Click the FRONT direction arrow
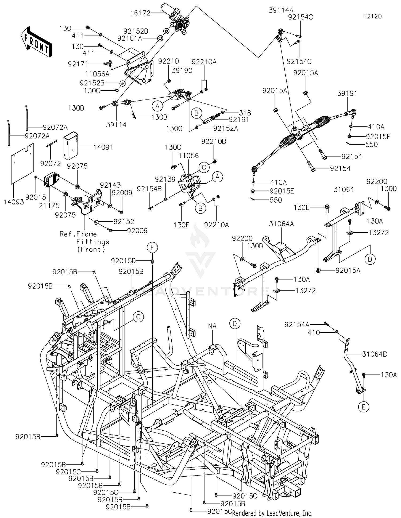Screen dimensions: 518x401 coord(36,42)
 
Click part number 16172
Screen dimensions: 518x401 coord(140,13)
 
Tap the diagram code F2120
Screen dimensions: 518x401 coord(372,16)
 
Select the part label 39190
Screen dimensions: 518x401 coord(182,71)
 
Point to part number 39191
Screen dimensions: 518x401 coord(347,94)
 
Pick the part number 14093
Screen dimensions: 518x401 coord(14,202)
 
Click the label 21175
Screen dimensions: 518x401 coord(49,206)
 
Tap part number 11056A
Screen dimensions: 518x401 coord(97,74)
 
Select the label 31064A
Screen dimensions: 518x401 coord(281,224)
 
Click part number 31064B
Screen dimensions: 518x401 coord(374,354)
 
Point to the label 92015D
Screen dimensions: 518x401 coord(124,261)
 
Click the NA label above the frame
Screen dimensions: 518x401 coord(212,326)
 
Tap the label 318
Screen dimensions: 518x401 coord(245,113)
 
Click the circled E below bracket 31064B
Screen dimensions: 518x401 coord(363,407)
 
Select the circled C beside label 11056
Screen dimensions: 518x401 coord(204,168)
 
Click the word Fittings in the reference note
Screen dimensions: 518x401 coord(93,242)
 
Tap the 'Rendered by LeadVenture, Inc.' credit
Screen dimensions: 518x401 coord(272,513)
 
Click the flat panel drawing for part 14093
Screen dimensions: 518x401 coord(22,164)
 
